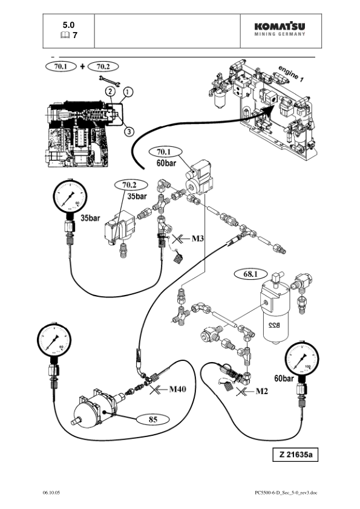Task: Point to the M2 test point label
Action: (x=262, y=392)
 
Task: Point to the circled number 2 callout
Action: (x=110, y=91)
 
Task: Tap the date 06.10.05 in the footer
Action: (x=51, y=493)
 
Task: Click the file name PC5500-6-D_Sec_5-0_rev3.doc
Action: (x=286, y=493)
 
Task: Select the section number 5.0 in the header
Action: (x=68, y=25)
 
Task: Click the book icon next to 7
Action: (x=63, y=36)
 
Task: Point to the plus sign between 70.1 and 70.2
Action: (x=82, y=66)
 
